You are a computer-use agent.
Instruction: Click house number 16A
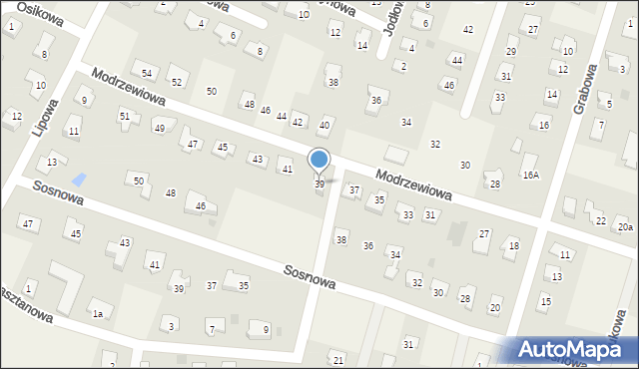[x=530, y=175]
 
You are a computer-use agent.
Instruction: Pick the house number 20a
[x=624, y=228]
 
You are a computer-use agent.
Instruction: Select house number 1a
[x=98, y=314]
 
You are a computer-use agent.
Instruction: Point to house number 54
[x=147, y=74]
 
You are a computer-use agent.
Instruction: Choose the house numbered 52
[x=177, y=82]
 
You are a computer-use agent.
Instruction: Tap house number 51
[x=125, y=116]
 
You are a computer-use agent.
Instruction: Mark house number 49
[x=159, y=129]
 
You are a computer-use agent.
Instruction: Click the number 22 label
[x=600, y=220]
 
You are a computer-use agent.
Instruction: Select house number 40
[x=324, y=125]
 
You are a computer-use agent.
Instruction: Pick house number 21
[x=338, y=359]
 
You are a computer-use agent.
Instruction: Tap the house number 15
[x=545, y=301]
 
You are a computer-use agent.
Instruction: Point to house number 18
[x=514, y=245]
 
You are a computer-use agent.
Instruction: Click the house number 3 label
[x=172, y=326]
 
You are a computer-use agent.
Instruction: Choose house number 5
[x=608, y=104]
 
